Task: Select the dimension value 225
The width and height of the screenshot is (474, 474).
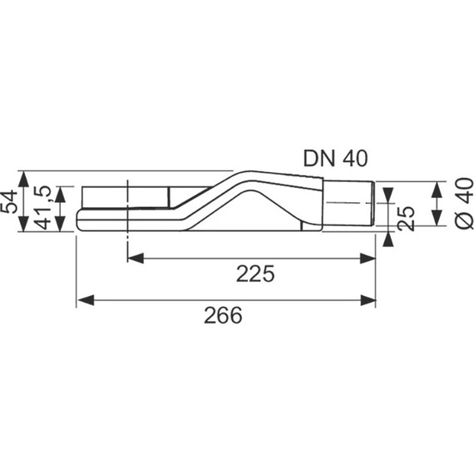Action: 254,274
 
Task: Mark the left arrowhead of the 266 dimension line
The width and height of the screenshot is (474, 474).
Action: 83,298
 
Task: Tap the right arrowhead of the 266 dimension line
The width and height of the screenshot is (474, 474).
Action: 371,298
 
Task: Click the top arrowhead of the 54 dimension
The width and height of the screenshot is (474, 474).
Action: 25,177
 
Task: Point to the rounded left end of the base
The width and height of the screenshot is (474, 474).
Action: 79,220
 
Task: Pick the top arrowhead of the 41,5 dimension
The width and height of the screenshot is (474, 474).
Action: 59,192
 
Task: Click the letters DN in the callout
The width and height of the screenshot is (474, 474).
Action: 317,157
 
